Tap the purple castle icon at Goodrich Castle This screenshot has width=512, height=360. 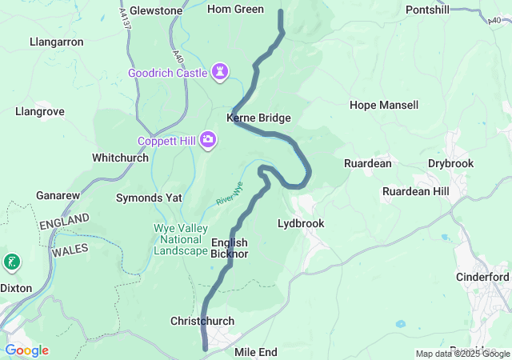(x=220, y=73)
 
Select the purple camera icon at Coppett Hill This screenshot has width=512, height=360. (x=209, y=141)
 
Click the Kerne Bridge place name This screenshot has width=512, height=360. (x=258, y=118)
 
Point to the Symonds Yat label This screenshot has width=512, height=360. (x=150, y=197)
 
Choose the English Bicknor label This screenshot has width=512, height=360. (x=230, y=248)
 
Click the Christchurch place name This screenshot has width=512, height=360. (x=202, y=321)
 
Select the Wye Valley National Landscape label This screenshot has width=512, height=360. (x=180, y=239)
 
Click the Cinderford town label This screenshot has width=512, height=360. (x=482, y=277)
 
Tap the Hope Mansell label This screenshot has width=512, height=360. (x=384, y=105)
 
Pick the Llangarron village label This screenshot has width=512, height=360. (x=56, y=41)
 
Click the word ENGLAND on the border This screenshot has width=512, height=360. (x=65, y=222)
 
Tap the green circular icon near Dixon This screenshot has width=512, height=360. (x=12, y=262)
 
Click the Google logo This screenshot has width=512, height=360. (x=26, y=350)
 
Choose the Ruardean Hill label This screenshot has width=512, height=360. (x=415, y=191)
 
